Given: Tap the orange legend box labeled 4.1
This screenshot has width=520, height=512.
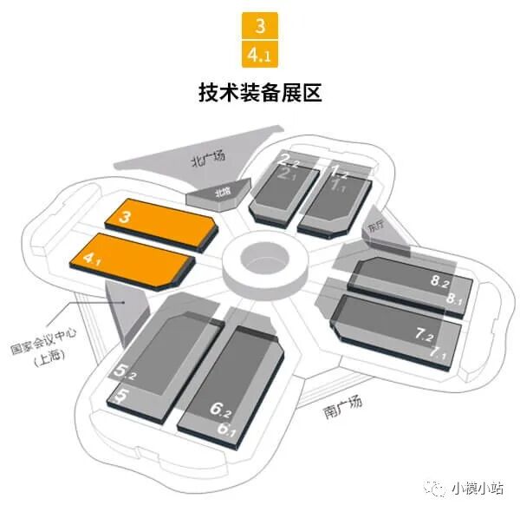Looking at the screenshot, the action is (260, 54).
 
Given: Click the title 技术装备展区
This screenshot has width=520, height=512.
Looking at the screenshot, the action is (260, 92).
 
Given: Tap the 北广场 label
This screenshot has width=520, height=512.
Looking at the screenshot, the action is (208, 157).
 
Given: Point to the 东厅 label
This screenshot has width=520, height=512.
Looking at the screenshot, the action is (375, 223).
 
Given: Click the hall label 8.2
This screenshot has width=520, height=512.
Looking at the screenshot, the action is (440, 281).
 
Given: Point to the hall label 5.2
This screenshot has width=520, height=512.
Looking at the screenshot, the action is (127, 373).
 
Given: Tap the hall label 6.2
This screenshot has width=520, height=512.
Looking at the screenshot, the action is (224, 405).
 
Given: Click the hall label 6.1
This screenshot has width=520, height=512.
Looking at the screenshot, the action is (227, 427).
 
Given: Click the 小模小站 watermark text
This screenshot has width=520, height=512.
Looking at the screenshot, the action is (480, 488).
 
